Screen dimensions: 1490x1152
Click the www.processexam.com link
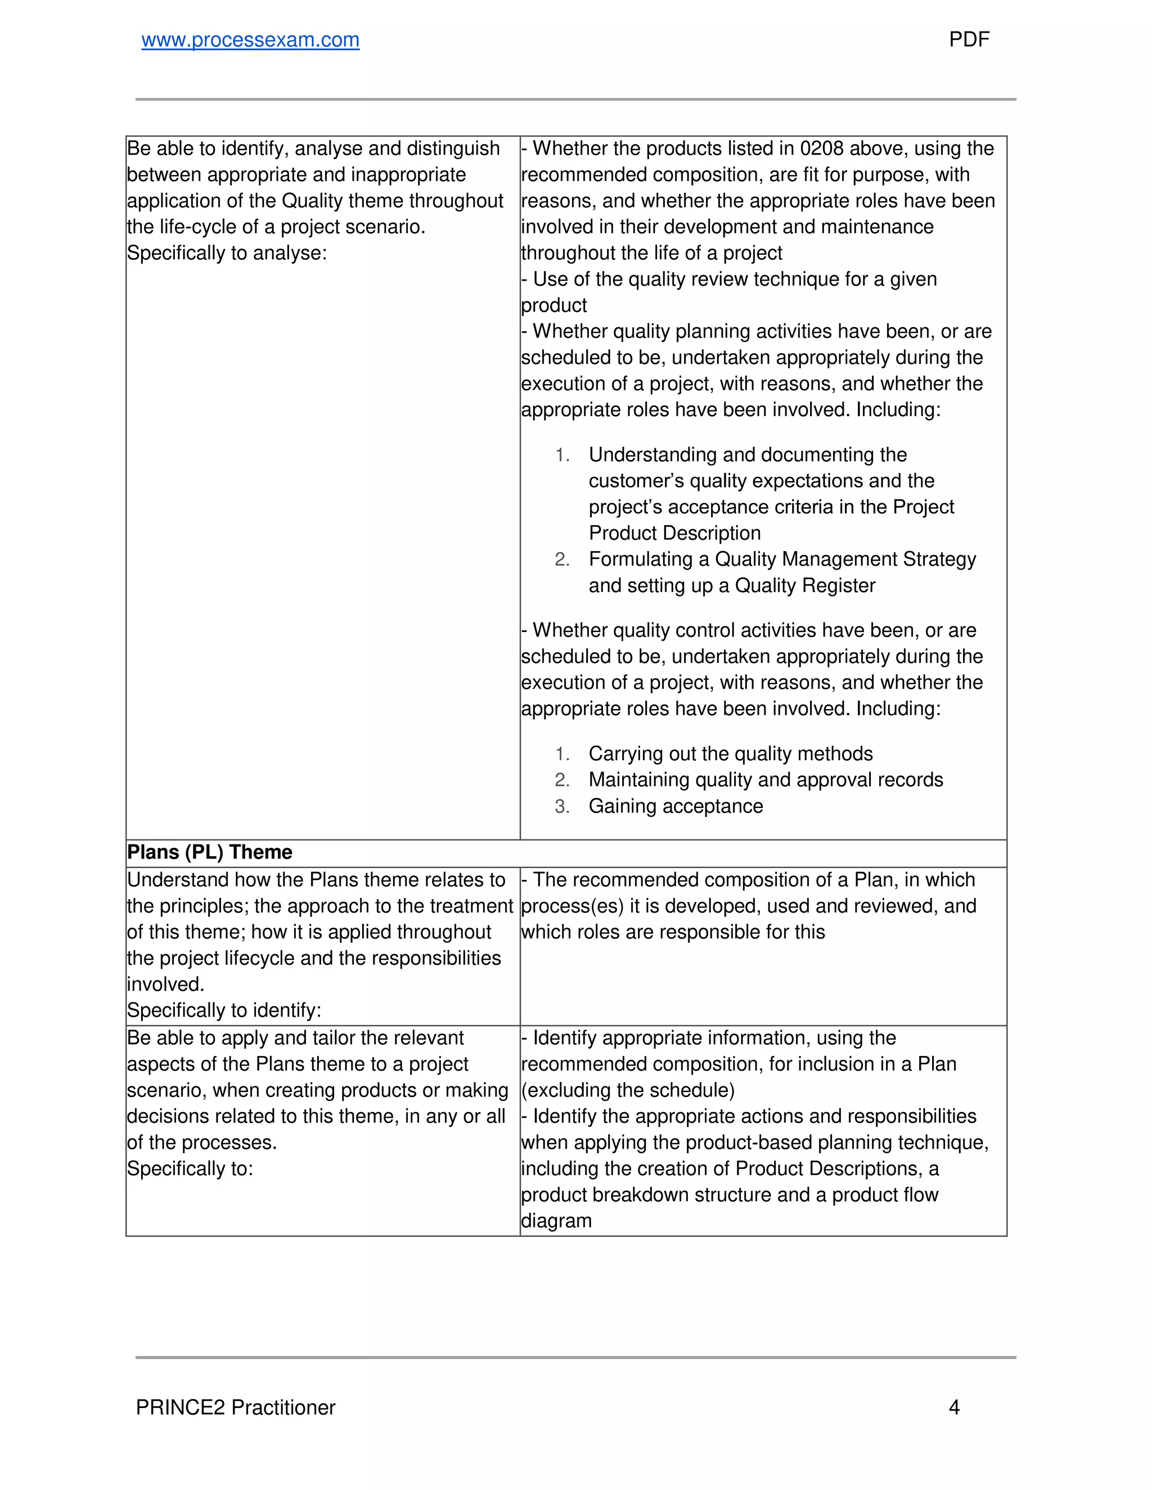(250, 40)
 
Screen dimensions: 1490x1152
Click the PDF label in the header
(969, 39)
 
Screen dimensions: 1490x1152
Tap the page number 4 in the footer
(954, 1407)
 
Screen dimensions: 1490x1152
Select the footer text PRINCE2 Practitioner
(236, 1407)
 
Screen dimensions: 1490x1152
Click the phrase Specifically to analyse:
(227, 253)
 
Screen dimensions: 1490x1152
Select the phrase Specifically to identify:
(224, 1010)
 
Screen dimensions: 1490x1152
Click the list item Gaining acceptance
(676, 806)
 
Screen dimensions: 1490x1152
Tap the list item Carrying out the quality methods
(730, 754)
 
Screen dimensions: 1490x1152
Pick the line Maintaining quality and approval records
(766, 780)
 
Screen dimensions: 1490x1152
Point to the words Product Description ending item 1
(674, 534)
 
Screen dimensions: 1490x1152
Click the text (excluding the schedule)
(628, 1090)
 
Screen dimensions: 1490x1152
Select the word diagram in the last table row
(556, 1221)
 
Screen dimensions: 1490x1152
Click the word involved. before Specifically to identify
(165, 985)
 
